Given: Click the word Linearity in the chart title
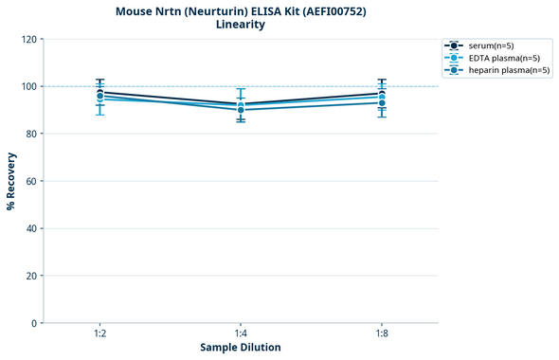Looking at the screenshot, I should click(x=241, y=25).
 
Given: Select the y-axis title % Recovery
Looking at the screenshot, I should click(x=11, y=181).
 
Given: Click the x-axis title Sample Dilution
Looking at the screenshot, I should click(x=241, y=348).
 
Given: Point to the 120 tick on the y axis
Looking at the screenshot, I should click(x=29, y=40).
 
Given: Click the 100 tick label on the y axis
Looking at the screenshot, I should click(x=29, y=87).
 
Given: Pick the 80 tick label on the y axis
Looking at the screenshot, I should click(x=32, y=135).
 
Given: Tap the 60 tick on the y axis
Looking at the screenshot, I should click(x=32, y=181).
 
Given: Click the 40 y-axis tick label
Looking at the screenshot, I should click(x=32, y=228).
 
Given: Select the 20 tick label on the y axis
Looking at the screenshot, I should click(x=32, y=276).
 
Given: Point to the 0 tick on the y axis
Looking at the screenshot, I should click(x=35, y=323).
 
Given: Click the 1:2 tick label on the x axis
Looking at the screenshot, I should click(x=99, y=333).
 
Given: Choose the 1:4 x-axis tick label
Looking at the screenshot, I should click(x=241, y=333).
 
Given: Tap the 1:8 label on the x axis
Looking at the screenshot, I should click(x=382, y=333).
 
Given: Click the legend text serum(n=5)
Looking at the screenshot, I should click(x=491, y=45).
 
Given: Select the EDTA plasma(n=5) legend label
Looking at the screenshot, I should click(x=504, y=58).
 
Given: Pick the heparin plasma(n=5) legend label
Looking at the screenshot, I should click(x=509, y=70).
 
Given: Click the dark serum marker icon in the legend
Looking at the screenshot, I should click(x=455, y=45).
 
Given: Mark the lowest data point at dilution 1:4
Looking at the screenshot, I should click(x=241, y=110).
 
